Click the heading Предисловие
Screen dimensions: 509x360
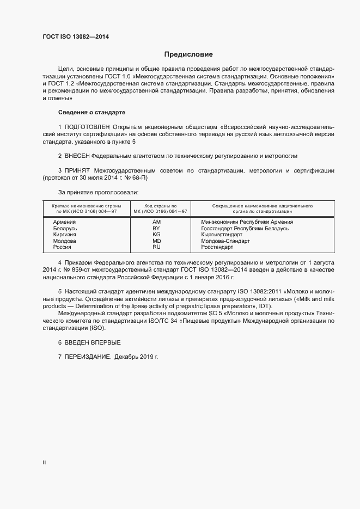click(x=189, y=54)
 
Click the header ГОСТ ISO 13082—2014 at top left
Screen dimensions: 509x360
click(x=79, y=37)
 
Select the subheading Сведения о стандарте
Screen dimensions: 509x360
click(x=91, y=112)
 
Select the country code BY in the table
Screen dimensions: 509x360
click(x=157, y=229)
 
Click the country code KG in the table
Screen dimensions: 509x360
click(x=157, y=235)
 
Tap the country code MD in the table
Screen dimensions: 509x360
click(x=157, y=241)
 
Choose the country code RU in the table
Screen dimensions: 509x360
click(x=157, y=247)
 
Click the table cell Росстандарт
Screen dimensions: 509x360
click(x=217, y=247)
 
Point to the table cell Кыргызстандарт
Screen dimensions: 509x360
click(x=222, y=235)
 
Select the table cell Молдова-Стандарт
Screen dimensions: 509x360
click(x=224, y=241)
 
